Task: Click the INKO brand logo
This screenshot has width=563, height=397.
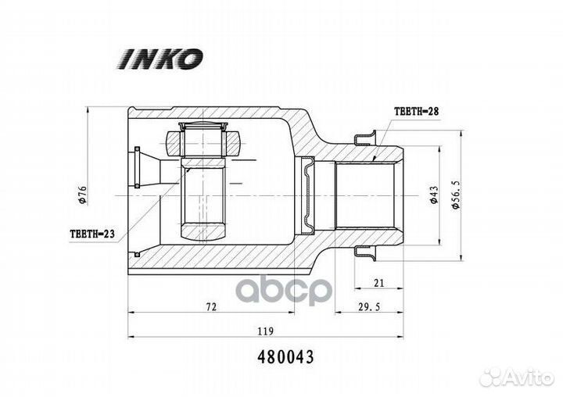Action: coord(160,58)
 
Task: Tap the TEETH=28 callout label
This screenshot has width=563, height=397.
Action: coord(417,111)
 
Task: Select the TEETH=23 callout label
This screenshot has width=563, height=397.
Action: coord(92,234)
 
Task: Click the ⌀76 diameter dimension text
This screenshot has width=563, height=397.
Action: coord(83,195)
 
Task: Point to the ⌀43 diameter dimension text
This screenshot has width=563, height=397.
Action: coord(434,195)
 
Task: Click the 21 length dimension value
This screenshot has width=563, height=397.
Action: coord(378,283)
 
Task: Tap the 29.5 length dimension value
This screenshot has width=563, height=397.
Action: coord(369,306)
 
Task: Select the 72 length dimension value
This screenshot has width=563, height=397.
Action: coord(211,307)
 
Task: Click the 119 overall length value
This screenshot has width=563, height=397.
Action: coord(265,331)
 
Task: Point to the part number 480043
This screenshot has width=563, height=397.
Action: coord(286,357)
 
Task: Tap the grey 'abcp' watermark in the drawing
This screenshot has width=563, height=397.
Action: coord(285,290)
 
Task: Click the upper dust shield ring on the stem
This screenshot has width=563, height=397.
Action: coord(365,138)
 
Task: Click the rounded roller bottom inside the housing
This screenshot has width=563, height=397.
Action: coord(203,232)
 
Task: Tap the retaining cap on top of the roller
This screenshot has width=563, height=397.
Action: coord(203,126)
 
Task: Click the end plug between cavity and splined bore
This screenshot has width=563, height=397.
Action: coord(308,196)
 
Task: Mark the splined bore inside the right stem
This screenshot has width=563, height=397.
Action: coord(364,196)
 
